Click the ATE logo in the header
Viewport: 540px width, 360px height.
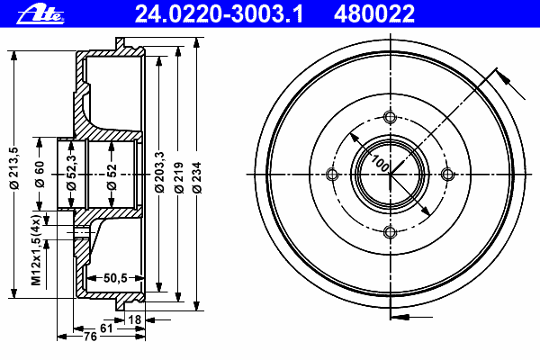40,14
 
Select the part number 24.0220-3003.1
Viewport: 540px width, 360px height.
219,14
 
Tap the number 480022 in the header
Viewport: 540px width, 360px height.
374,14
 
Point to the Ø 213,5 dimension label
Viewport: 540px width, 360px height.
14,167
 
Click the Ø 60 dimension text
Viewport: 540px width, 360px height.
40,174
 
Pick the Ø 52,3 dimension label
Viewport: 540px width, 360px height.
71,172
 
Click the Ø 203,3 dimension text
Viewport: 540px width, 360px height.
159,172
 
